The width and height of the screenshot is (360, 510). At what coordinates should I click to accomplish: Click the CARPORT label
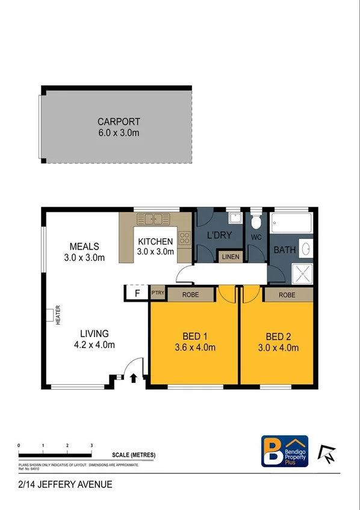[119, 122]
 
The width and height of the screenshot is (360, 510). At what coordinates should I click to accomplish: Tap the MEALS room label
[84, 247]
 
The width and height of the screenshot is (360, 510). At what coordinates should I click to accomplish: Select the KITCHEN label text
[155, 242]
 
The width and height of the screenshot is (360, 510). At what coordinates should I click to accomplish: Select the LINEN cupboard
[230, 257]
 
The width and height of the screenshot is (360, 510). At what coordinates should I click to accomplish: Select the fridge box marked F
[137, 294]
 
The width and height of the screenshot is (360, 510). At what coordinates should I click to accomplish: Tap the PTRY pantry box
[157, 294]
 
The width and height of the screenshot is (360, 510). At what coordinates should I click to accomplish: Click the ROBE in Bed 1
[190, 294]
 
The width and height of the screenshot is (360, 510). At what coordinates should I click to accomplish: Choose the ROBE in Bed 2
[288, 294]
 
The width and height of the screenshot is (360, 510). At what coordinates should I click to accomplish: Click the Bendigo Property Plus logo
[285, 451]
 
